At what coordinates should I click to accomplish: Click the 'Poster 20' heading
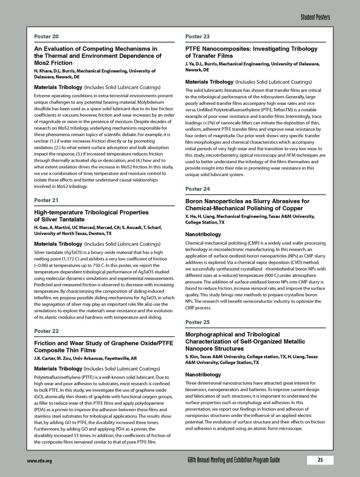(46, 36)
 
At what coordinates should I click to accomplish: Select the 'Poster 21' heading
(46, 200)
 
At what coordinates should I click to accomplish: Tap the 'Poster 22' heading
(46, 331)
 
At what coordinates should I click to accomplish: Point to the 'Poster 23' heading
(197, 36)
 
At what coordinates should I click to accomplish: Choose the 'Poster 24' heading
(197, 189)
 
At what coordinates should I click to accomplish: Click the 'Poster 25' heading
(197, 322)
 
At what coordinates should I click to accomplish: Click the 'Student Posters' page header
(315, 17)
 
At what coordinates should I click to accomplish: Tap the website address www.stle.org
(39, 460)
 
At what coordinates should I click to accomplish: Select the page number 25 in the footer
(320, 460)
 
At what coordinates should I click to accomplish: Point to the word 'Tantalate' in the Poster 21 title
(71, 220)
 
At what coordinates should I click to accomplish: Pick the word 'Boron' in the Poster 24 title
(194, 201)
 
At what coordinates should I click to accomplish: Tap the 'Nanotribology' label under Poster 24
(203, 235)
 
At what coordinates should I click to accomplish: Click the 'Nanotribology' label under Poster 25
(203, 375)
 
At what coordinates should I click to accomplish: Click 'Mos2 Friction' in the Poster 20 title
(53, 63)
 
